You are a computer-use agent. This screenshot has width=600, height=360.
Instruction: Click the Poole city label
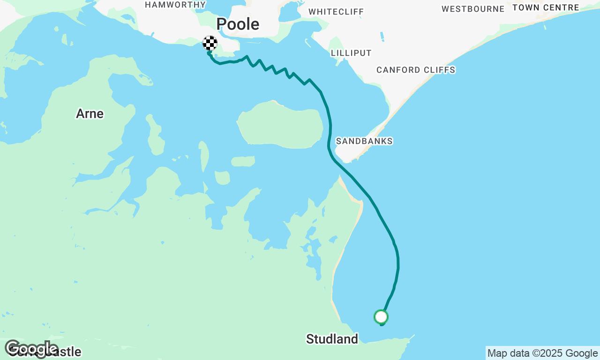(238, 24)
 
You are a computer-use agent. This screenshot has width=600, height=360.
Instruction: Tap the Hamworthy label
(175, 5)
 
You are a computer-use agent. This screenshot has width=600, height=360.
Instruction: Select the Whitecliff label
(336, 11)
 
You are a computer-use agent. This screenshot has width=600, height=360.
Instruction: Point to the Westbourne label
(473, 9)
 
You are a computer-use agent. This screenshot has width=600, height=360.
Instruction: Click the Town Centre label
(546, 7)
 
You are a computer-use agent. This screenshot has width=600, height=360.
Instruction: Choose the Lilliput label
(351, 53)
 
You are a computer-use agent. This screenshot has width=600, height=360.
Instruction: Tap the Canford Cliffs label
(416, 70)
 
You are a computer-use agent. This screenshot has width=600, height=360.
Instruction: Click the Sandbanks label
(364, 141)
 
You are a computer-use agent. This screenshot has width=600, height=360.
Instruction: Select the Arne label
(90, 113)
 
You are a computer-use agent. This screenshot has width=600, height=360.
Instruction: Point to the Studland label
(332, 338)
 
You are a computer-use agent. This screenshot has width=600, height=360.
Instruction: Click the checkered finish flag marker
(210, 43)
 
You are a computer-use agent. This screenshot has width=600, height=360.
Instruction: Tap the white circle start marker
(381, 317)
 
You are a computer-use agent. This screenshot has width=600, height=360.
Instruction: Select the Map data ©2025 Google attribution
(542, 353)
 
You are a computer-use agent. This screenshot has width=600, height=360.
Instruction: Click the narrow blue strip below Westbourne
(382, 37)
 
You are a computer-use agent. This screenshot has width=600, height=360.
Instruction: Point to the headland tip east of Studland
(412, 336)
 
